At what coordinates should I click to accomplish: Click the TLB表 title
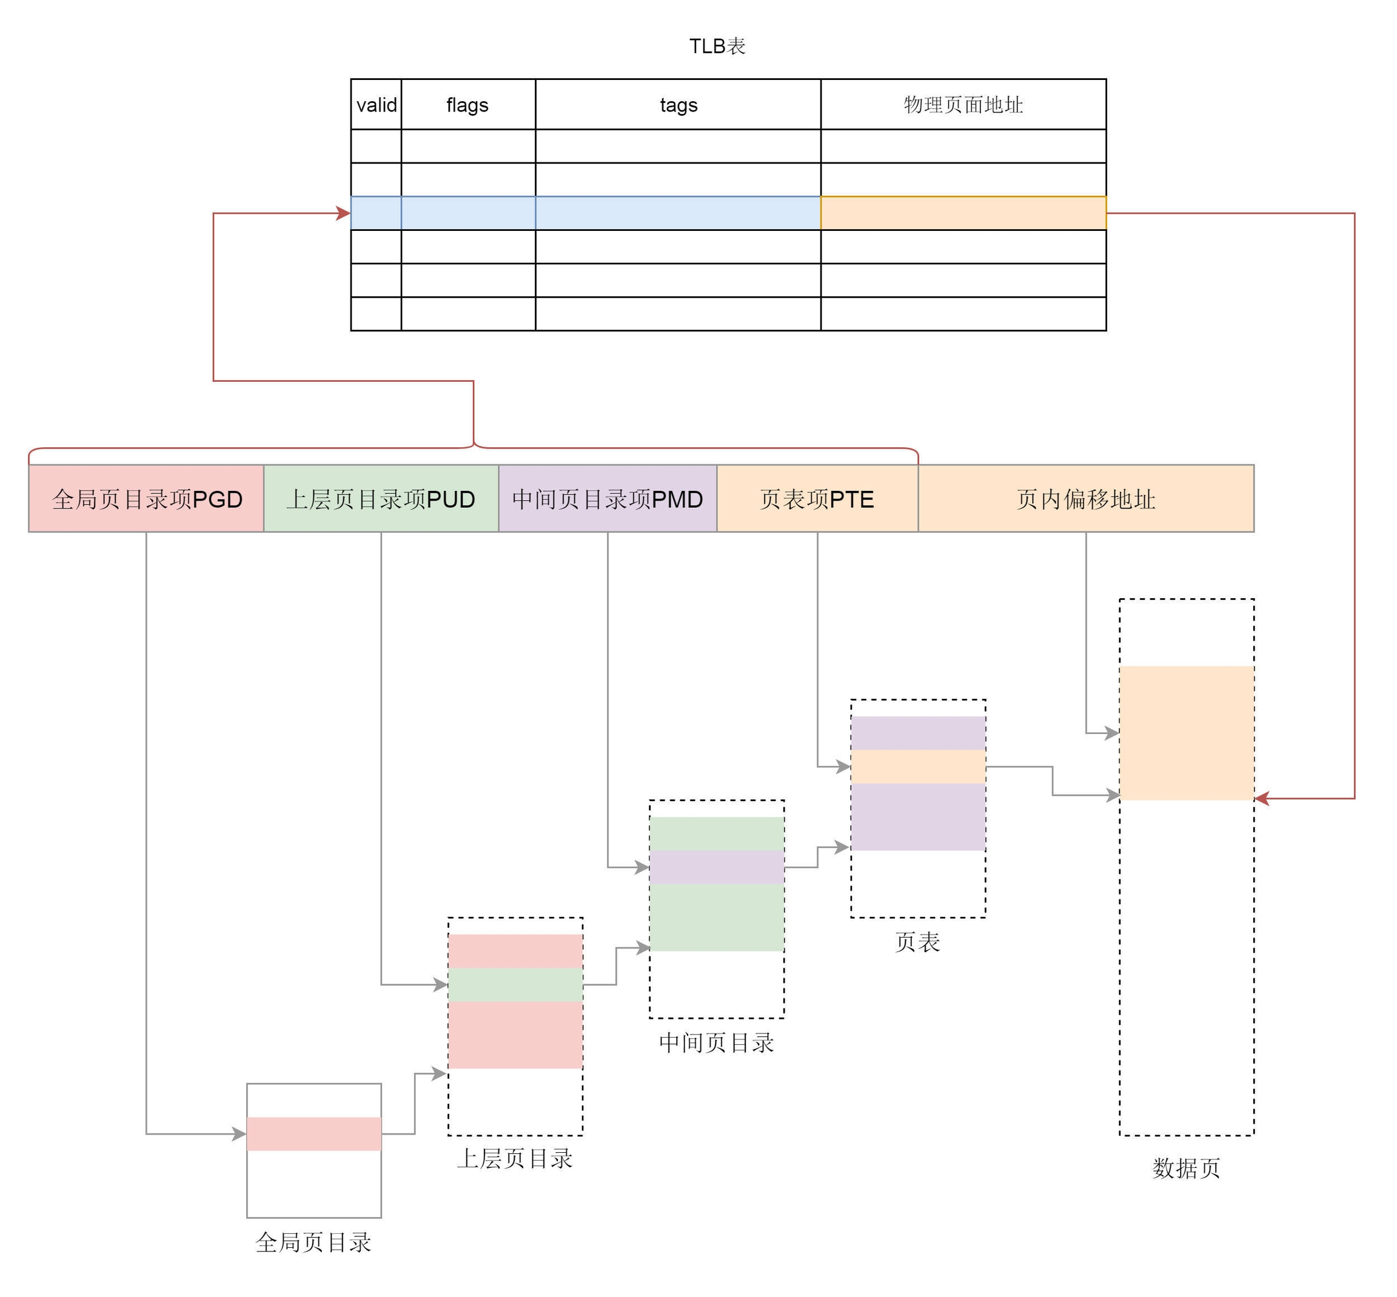(717, 46)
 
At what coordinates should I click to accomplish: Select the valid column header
(377, 105)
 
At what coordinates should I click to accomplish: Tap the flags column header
(467, 105)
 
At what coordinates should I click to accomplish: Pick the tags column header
(678, 105)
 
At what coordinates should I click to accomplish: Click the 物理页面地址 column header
(963, 105)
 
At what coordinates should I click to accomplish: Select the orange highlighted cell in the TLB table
(963, 213)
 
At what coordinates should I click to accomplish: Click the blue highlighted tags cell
(678, 213)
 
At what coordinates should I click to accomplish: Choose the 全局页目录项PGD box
(147, 499)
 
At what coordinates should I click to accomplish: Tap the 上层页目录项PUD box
(381, 499)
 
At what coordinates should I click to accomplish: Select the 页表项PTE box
(817, 499)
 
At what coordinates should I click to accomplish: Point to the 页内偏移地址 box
(1086, 499)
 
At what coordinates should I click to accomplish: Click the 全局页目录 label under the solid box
(313, 1242)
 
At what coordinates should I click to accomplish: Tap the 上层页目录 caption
(515, 1159)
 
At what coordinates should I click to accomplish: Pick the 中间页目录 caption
(716, 1043)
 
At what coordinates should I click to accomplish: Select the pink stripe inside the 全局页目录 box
(314, 1133)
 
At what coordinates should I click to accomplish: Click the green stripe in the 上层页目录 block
(515, 985)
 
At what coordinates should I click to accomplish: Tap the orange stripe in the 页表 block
(918, 767)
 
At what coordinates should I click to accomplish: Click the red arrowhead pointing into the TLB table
(344, 213)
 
